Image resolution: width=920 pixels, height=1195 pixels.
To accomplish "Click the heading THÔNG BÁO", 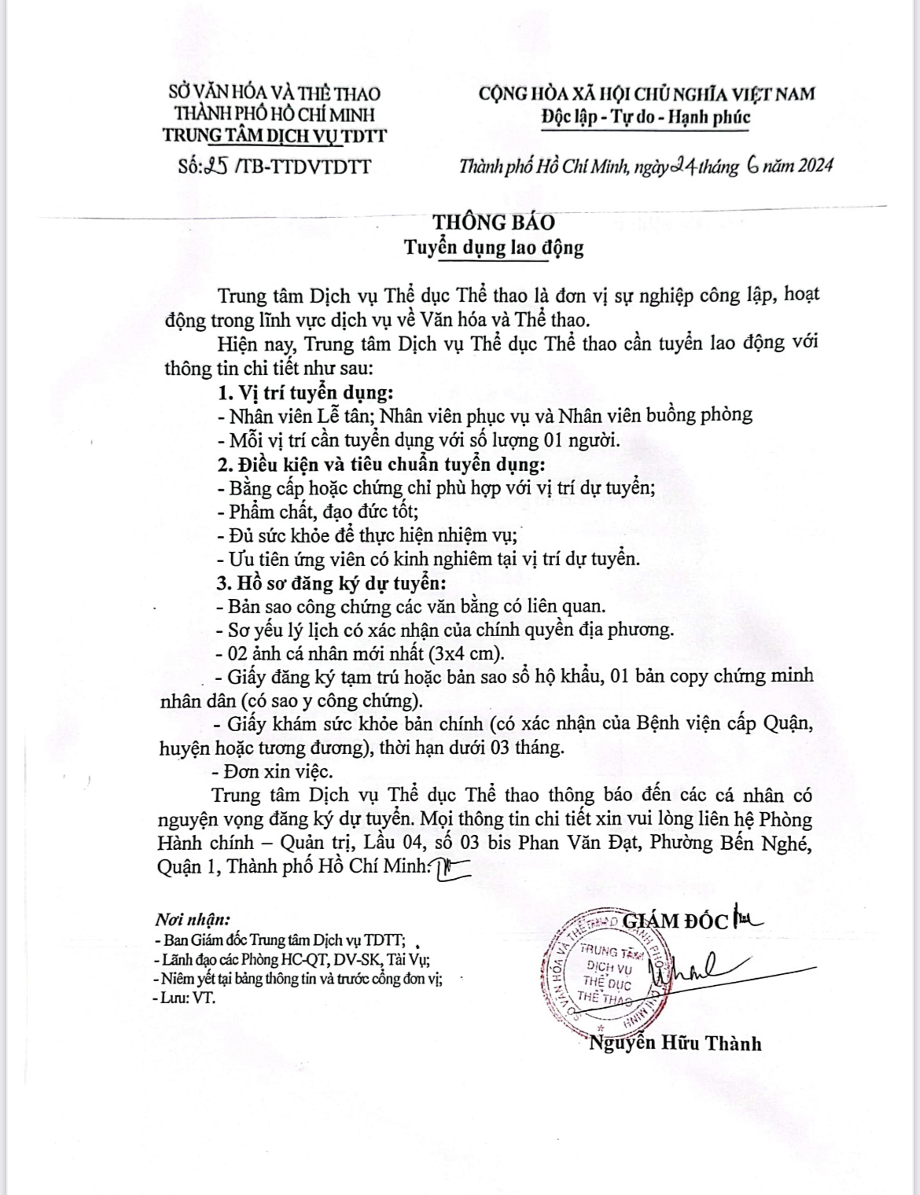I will tap(494, 222).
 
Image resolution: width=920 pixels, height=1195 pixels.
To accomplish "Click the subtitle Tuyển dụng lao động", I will tap(494, 248).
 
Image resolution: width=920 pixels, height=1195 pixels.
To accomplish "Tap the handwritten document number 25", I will tap(215, 167).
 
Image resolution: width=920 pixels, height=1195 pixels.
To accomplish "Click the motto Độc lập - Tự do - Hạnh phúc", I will tap(646, 118).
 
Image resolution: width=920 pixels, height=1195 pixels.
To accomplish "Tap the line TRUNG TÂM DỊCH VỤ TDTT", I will tap(274, 136).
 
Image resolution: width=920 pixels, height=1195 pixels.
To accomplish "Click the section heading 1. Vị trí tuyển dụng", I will tap(305, 392).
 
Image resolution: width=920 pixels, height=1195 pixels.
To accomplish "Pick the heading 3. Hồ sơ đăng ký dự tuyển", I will tap(331, 584).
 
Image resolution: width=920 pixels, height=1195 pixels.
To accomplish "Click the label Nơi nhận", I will tap(193, 919).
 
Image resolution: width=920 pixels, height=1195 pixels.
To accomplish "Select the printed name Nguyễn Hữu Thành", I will tap(675, 1043).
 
